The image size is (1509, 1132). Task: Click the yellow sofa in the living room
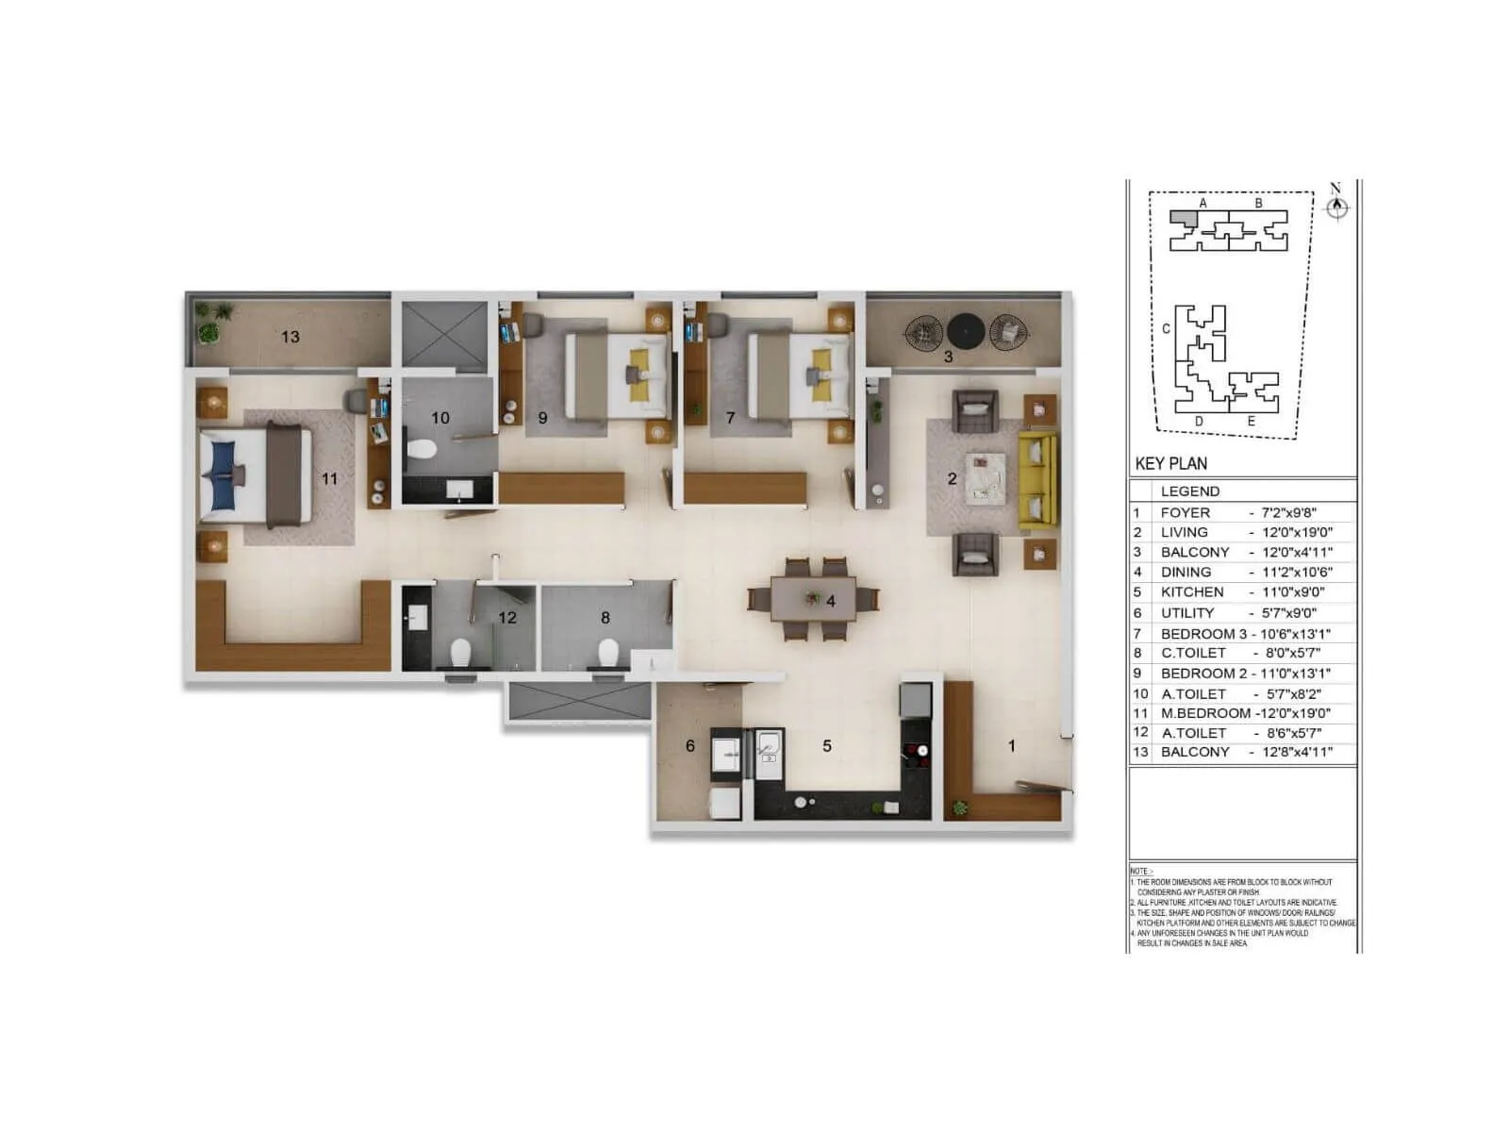pos(1038,480)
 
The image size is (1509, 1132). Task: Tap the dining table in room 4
pos(813,599)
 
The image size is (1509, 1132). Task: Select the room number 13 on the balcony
pos(290,337)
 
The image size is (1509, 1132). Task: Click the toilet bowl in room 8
pos(608,652)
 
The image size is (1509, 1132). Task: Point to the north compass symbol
pos(1336,208)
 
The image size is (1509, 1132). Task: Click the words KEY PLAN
pos(1170,463)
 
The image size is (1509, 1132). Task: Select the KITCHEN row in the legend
pos(1192,592)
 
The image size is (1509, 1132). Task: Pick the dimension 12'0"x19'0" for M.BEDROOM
pos(1293,713)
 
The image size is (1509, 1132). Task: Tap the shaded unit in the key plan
pos(1183,218)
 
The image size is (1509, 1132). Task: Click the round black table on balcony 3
pos(966,331)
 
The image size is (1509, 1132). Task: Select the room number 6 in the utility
pos(689,746)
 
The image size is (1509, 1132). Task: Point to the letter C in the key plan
pos(1167,329)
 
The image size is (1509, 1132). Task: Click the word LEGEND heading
pos(1189,491)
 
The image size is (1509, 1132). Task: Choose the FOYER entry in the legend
pos(1185,513)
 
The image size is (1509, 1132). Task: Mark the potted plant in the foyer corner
pos(960,807)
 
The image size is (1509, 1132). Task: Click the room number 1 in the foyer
pos(1011,746)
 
